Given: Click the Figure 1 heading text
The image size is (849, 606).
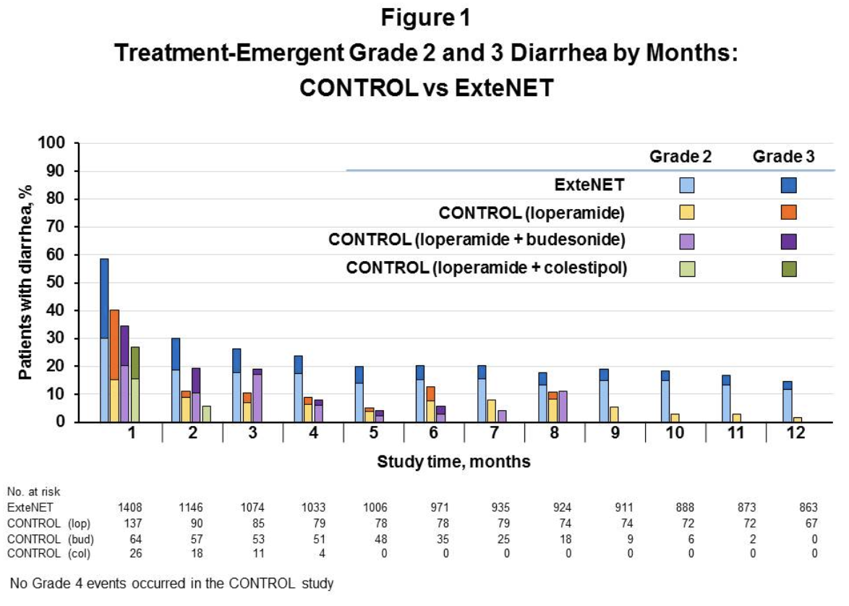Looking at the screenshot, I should pos(425,17).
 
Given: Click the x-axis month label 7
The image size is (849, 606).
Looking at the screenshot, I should pos(495,433).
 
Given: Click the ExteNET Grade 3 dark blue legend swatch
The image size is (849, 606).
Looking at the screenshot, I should pos(788,185).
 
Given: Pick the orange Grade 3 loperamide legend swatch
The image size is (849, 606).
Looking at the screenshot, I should pos(788,213).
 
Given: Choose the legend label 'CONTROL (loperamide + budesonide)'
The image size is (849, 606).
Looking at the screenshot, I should pos(477,240).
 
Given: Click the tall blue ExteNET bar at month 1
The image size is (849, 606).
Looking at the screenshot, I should pos(104,340).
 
